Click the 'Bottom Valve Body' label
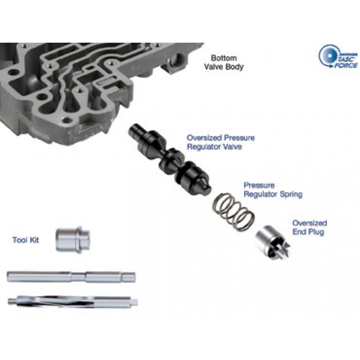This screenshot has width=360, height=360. (x=224, y=62)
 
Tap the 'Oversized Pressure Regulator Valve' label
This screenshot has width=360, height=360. (x=221, y=142)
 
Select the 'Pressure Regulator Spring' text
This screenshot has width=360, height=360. (x=273, y=190)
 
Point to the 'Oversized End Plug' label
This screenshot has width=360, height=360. (x=310, y=227)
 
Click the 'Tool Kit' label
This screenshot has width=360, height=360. (x=26, y=240)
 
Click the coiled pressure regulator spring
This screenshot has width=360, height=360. (x=233, y=212)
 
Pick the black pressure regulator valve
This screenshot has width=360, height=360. (x=170, y=159)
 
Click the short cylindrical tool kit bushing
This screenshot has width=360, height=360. (x=73, y=240)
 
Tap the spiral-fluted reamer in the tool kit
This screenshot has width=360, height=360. (x=73, y=302)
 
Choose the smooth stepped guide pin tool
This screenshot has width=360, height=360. (x=71, y=277)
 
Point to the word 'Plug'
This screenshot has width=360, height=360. (x=316, y=232)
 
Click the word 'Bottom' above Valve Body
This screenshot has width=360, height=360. (x=224, y=58)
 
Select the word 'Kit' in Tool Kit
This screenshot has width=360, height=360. (x=34, y=240)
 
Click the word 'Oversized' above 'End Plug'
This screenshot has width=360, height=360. (x=310, y=223)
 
